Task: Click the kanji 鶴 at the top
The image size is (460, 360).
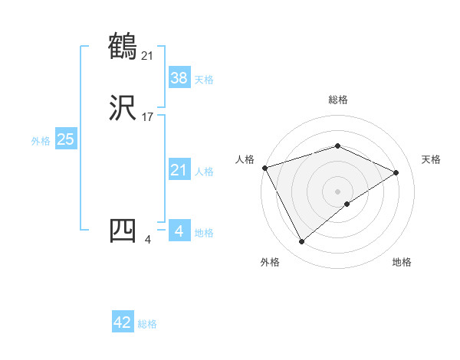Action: point(123,47)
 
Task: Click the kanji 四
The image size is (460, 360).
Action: point(123,231)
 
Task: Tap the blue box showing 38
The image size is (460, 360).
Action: point(179,77)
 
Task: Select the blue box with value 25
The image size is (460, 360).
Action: point(65,139)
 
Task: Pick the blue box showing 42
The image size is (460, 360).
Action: point(123,322)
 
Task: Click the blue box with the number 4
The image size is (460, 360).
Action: point(179,231)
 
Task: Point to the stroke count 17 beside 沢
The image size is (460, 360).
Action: point(148,117)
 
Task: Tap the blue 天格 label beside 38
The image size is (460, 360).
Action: point(204,80)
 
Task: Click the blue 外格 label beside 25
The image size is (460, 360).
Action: point(41,141)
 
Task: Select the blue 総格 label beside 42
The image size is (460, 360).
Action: point(147,324)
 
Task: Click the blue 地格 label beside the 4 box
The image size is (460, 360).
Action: point(204,233)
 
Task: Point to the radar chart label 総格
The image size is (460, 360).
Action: point(337,100)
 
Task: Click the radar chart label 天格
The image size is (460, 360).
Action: point(431,159)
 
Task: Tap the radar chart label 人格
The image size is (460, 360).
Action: point(245,159)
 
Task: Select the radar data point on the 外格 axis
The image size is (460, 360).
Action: point(301,242)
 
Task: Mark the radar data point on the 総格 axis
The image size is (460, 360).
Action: point(337,146)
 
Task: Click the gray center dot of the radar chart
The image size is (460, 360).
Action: point(337,191)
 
